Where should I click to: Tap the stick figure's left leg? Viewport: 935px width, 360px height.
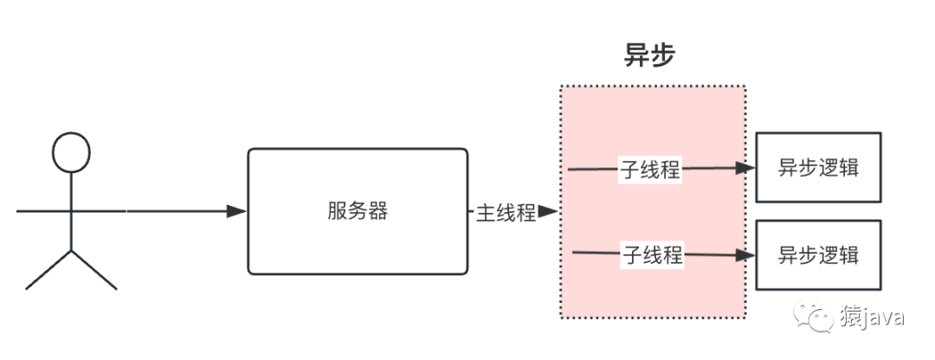(x=48, y=270)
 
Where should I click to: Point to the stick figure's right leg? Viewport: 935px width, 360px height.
(x=94, y=270)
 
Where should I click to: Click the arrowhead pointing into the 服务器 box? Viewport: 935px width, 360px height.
(x=236, y=211)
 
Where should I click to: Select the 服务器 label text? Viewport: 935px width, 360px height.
(x=358, y=211)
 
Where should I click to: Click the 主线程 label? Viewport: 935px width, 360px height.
(x=506, y=213)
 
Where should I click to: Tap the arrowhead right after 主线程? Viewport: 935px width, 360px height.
(x=548, y=212)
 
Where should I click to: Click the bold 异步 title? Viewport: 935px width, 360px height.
(x=649, y=56)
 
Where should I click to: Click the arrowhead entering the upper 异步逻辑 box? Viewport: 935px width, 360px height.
(x=745, y=168)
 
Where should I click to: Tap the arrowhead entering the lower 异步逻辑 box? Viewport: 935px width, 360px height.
(x=745, y=255)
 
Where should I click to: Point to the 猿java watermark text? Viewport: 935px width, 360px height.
(x=873, y=317)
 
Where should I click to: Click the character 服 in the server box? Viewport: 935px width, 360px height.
(x=337, y=212)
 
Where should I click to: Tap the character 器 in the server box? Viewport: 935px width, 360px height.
(x=378, y=212)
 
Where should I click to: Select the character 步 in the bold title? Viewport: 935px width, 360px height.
(x=663, y=56)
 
